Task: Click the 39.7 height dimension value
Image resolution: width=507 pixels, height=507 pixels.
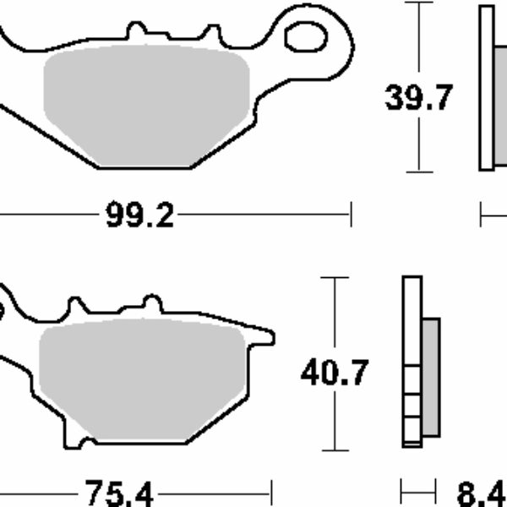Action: [418, 97]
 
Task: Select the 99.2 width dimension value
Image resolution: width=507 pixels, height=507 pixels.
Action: [139, 214]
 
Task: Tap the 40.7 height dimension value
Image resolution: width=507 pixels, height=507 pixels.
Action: [335, 372]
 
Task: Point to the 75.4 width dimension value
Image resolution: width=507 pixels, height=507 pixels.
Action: [118, 493]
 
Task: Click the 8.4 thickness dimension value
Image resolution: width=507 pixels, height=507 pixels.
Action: [482, 494]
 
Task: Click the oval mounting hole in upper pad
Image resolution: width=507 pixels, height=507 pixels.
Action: [306, 37]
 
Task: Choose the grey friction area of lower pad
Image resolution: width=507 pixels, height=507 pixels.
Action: [142, 379]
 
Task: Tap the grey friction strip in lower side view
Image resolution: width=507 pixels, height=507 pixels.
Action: [431, 378]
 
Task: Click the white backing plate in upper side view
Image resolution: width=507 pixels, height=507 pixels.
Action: [487, 88]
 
